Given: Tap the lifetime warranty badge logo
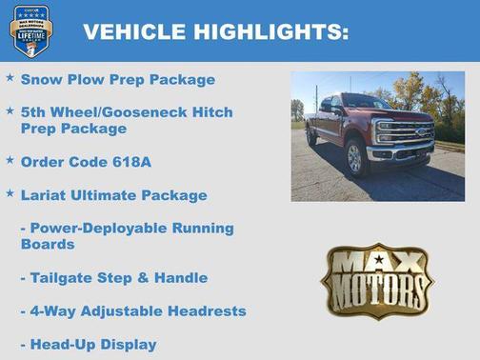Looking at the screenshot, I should (x=30, y=31).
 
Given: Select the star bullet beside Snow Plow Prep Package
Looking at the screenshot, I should (x=10, y=77).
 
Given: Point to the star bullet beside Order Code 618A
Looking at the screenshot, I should (x=10, y=160).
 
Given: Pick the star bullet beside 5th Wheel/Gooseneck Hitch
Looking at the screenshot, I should (x=10, y=110).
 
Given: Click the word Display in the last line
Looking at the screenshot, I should (x=130, y=344).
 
